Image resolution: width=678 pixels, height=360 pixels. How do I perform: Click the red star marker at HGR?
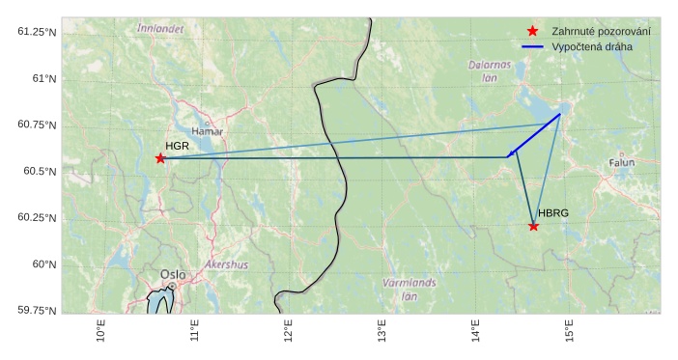[160, 158]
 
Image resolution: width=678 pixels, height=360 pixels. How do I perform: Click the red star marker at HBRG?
[533, 226]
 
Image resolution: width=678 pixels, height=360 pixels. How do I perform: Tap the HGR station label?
[177, 146]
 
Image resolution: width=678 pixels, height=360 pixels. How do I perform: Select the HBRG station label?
[554, 213]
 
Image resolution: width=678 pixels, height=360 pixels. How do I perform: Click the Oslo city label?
[173, 274]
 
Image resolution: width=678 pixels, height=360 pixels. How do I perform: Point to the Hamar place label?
[208, 131]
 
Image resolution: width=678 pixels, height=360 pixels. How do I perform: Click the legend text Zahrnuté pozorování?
[601, 32]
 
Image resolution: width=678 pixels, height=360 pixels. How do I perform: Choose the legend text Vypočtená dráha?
[593, 46]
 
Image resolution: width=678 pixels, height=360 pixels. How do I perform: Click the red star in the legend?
[532, 32]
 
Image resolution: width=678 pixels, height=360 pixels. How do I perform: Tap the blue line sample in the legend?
[532, 46]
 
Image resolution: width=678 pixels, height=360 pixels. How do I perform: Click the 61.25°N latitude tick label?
[38, 32]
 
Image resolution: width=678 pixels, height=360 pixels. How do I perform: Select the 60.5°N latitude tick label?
[40, 171]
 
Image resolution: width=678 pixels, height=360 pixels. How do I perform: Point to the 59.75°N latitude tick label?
[38, 310]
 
